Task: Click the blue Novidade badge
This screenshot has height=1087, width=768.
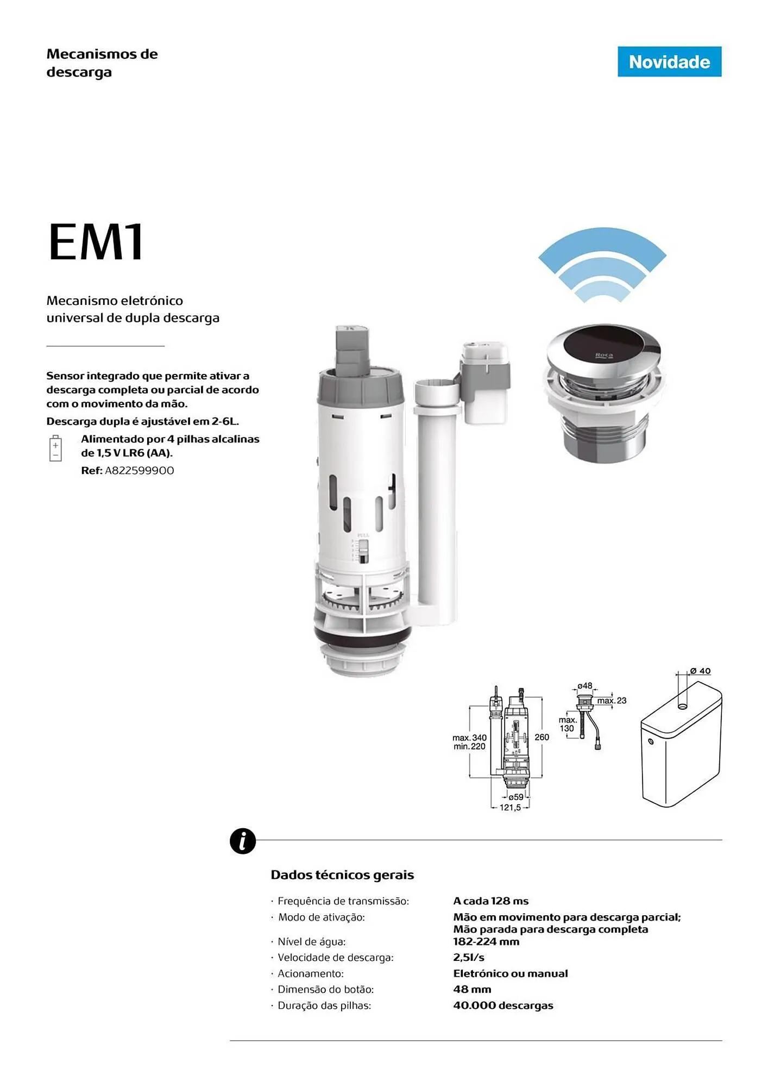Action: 669,61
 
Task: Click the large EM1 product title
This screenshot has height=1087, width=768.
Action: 96,242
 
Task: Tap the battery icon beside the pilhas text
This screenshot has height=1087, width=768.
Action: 55,448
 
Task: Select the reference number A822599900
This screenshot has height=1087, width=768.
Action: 140,471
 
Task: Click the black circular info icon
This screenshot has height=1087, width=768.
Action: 243,841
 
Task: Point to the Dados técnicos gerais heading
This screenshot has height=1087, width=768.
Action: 342,875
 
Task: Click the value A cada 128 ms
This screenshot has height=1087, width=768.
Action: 491,901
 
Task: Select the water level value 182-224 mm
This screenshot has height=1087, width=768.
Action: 486,942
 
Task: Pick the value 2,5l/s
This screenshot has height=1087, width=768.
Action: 469,958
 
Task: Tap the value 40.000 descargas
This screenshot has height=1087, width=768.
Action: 503,1005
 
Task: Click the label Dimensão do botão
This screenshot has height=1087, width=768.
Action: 326,990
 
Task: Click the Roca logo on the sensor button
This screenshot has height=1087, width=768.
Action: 604,355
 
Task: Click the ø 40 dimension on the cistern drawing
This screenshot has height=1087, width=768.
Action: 701,671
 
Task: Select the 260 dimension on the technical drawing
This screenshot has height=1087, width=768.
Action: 542,737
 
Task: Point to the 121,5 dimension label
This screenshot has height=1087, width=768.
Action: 511,808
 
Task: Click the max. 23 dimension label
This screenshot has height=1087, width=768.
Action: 612,701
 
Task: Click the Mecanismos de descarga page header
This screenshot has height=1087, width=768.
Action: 102,63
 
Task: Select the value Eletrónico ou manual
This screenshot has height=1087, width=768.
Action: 511,974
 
